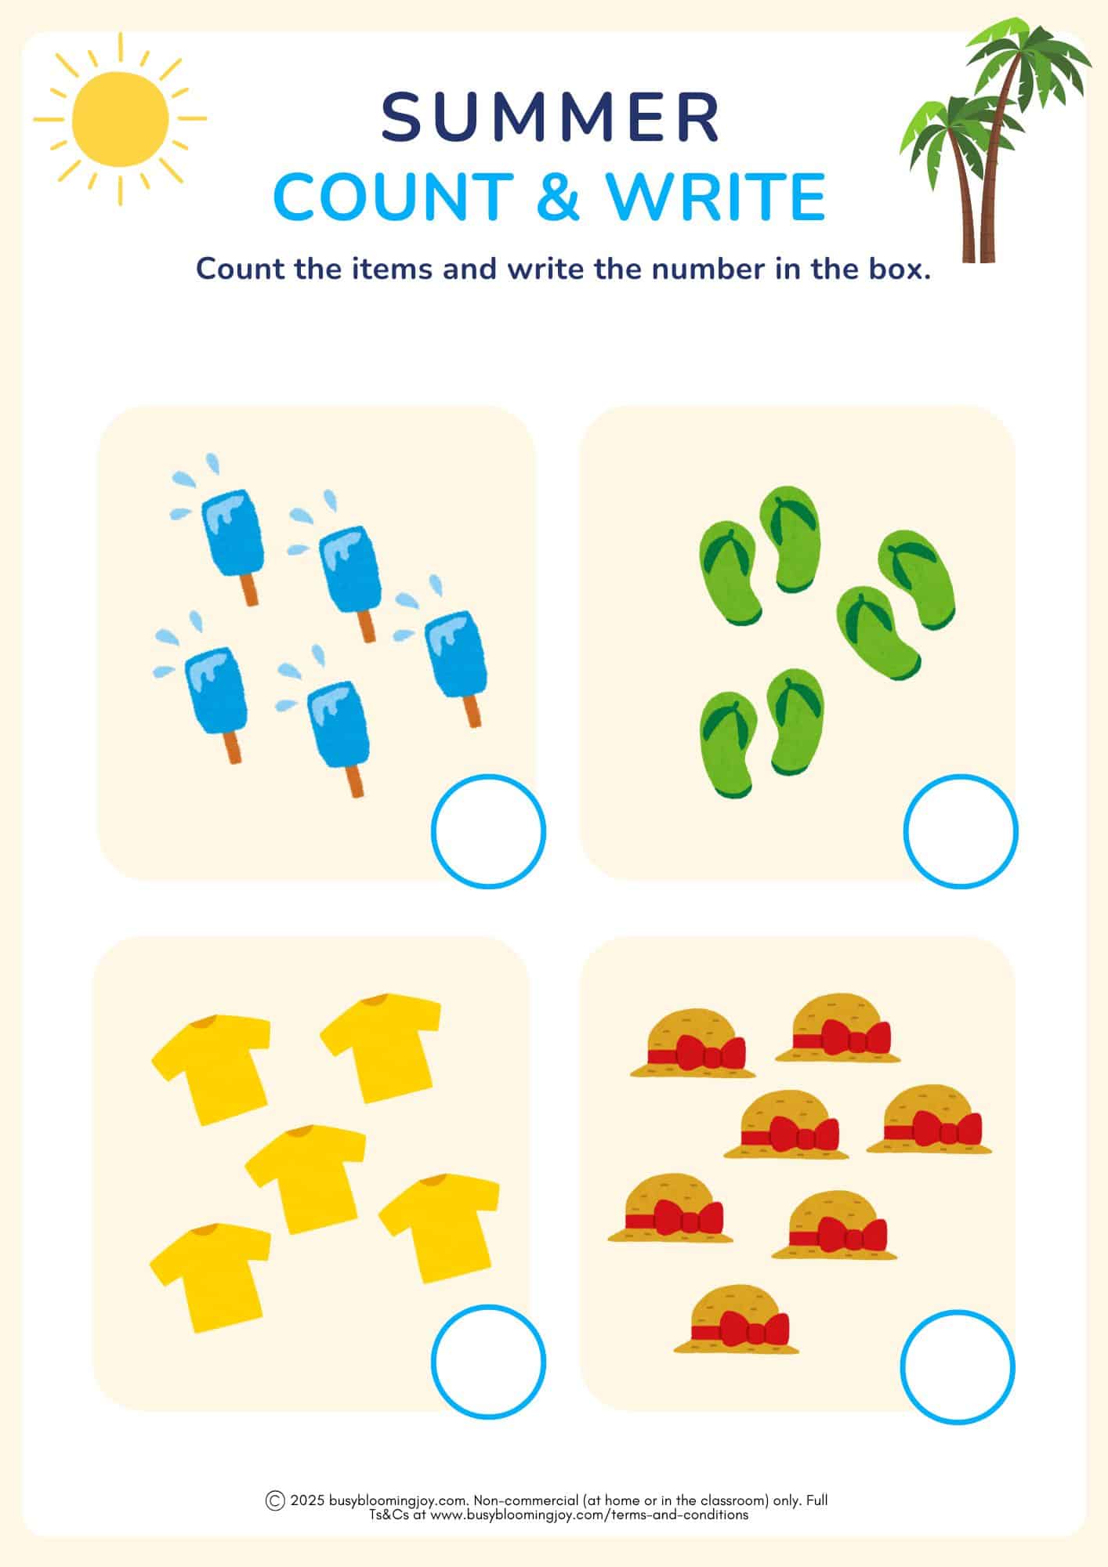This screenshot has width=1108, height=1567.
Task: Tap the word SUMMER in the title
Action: pos(551,118)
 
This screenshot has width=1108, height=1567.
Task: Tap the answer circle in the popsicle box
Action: pos(488,831)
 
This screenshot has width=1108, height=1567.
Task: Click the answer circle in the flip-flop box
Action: pos(961,831)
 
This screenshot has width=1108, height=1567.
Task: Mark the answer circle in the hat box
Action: pos(958,1366)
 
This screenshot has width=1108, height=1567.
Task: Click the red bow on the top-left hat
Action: pos(712,1055)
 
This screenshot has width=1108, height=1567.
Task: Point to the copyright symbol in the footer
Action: pos(275,1500)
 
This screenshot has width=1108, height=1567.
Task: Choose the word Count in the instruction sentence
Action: pos(241,269)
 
